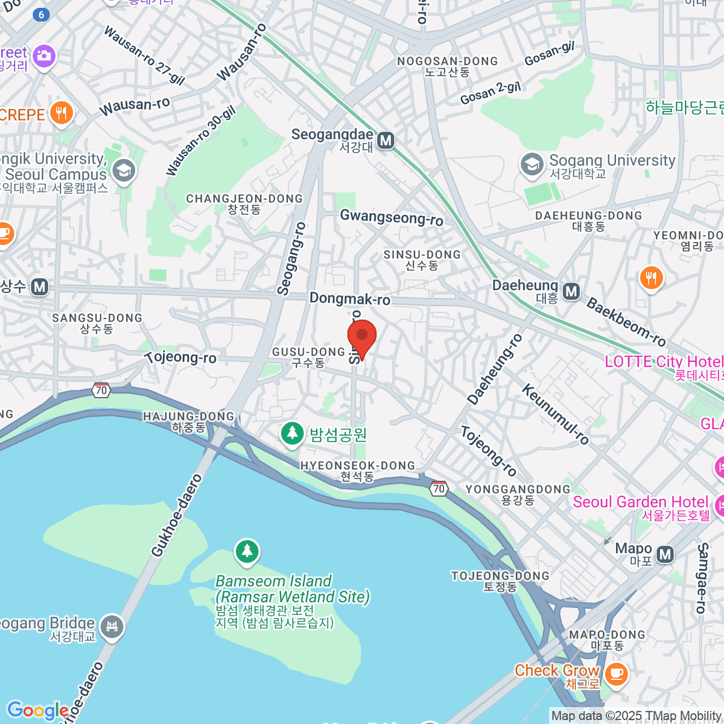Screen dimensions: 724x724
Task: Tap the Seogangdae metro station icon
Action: (386, 141)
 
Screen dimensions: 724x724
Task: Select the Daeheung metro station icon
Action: (571, 292)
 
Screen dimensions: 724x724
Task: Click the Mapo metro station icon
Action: (665, 554)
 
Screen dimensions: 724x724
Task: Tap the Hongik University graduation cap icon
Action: (124, 171)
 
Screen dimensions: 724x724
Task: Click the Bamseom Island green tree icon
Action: (247, 551)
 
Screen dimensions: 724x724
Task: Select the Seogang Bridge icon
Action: (112, 627)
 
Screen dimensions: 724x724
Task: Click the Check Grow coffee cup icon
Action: (615, 673)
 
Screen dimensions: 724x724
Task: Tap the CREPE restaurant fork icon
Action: (61, 113)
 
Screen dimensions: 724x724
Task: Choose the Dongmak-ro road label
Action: (350, 299)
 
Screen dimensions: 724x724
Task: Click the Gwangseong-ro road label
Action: (392, 217)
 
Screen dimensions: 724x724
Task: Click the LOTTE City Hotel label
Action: (664, 362)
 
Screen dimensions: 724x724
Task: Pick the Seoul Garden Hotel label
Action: (641, 503)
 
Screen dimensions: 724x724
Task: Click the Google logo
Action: (37, 711)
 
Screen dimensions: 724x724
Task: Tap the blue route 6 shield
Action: (41, 15)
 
